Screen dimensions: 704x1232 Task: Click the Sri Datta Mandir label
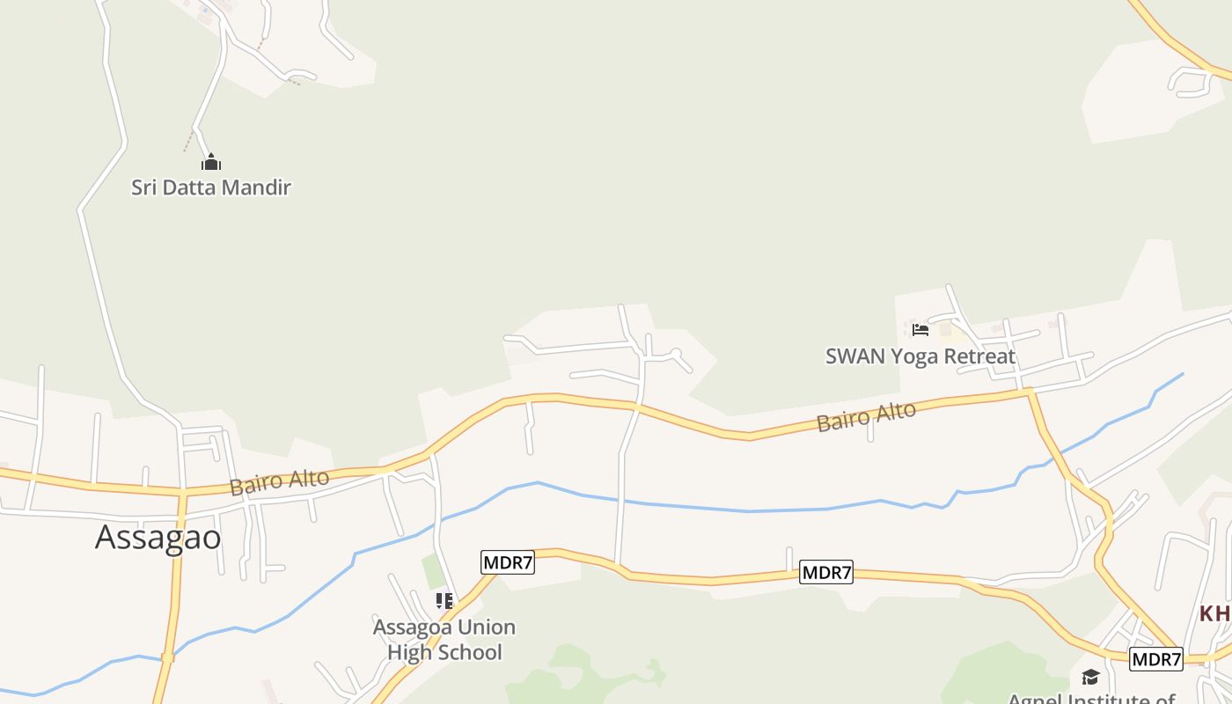tap(211, 187)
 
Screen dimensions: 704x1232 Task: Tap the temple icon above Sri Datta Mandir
tap(211, 163)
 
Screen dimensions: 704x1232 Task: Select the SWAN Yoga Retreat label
tap(920, 356)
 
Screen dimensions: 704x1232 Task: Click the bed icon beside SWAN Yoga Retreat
tap(920, 330)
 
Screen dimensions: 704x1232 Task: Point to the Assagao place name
tap(158, 537)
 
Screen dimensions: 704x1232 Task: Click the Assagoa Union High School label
tap(444, 640)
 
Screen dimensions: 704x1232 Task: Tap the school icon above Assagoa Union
tap(444, 601)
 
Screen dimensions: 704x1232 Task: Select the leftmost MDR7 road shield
tap(508, 562)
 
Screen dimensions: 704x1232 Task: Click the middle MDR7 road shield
tap(827, 572)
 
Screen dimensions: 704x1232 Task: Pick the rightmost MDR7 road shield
tap(1156, 659)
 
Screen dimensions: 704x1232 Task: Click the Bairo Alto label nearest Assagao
tap(280, 482)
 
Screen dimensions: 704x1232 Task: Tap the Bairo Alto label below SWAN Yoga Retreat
tap(866, 416)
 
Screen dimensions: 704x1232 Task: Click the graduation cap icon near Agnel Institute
tap(1090, 677)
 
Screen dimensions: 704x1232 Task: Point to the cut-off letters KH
tap(1216, 613)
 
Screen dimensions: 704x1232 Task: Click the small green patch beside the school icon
tap(433, 572)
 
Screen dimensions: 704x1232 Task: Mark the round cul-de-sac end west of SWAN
tap(677, 354)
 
